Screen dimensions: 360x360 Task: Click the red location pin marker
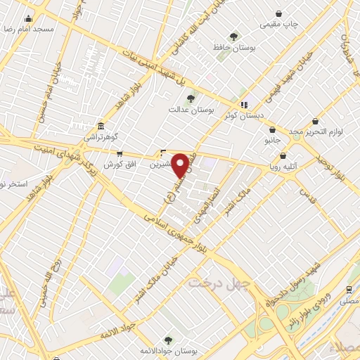pos(181,165)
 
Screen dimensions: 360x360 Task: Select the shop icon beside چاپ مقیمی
pos(278,13)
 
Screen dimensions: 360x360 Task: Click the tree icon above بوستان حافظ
pos(233,37)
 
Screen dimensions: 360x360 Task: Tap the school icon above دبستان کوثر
pos(244,105)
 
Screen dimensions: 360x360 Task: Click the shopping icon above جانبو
pos(272,129)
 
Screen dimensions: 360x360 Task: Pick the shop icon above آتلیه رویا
pos(283,156)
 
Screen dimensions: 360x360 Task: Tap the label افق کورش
pos(119,165)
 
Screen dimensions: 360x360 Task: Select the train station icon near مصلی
pos(349,289)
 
